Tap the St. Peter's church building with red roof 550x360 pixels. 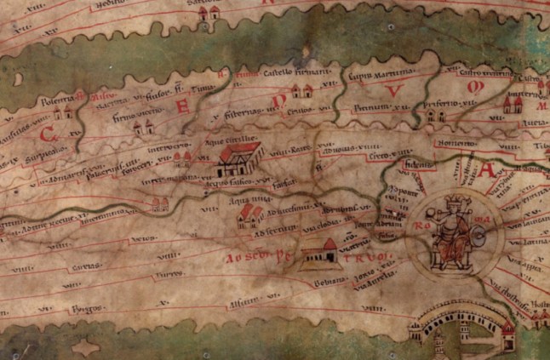(x=317, y=253)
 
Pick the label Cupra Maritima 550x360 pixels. (x=370, y=77)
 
